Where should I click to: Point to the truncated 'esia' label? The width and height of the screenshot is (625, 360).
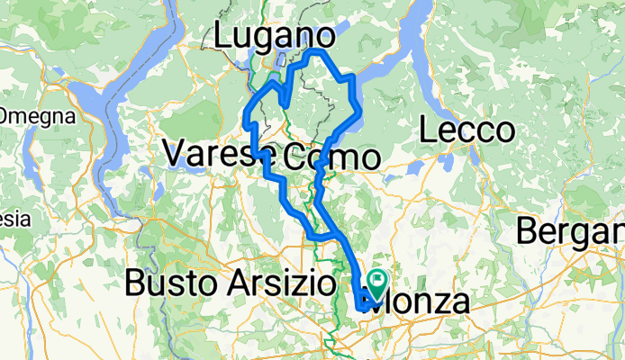(x=14, y=219)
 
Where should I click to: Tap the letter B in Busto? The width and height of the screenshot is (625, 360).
(x=136, y=284)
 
